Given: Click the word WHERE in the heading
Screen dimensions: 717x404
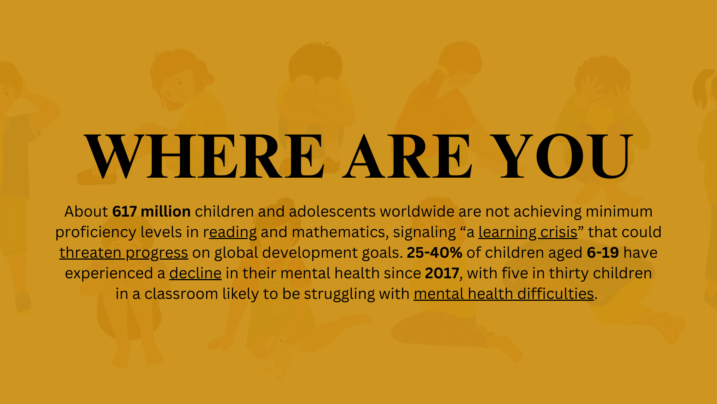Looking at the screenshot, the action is pyautogui.click(x=204, y=156).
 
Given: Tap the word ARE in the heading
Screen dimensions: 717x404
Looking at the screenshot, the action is pyautogui.click(x=408, y=156).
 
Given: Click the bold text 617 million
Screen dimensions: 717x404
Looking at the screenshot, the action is pyautogui.click(x=152, y=212).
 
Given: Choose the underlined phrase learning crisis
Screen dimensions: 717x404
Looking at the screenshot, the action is pyautogui.click(x=528, y=232).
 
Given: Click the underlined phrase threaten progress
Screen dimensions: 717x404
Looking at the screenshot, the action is pyautogui.click(x=124, y=253).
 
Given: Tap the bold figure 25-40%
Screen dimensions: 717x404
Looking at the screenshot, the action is pyautogui.click(x=434, y=253).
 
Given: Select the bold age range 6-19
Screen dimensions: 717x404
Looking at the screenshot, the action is pyautogui.click(x=603, y=253).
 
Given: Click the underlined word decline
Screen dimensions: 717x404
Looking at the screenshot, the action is pyautogui.click(x=195, y=273).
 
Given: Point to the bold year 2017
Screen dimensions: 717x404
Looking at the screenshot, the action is pyautogui.click(x=442, y=273).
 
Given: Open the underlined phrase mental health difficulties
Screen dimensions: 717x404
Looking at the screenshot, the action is pyautogui.click(x=504, y=294).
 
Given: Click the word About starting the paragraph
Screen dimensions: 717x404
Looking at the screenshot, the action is pyautogui.click(x=86, y=212).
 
